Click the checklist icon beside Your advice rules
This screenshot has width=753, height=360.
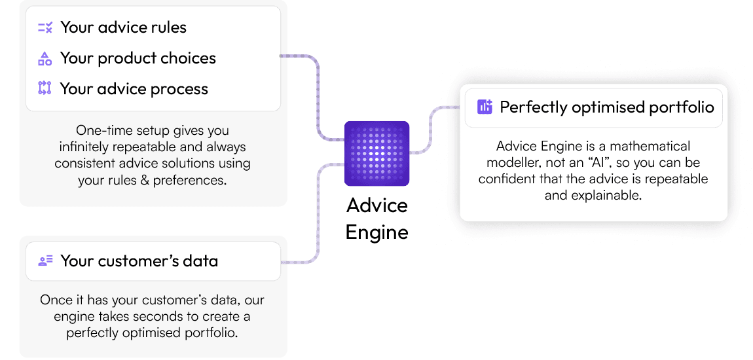45,27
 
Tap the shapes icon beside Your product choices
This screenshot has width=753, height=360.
45,58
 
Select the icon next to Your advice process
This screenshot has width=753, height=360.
45,88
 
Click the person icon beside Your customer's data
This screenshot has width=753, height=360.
45,261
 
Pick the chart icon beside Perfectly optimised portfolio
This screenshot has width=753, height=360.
485,107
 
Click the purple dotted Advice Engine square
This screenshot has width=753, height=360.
376,154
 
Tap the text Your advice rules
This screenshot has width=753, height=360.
123,27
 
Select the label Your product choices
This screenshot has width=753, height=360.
138,58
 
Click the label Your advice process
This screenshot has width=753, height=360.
134,89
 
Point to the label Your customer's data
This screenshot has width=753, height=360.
139,261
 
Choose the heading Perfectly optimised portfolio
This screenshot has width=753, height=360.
607,107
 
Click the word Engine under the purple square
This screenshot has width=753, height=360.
377,232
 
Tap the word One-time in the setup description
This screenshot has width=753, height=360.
96,130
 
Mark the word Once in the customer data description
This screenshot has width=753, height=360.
53,300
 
